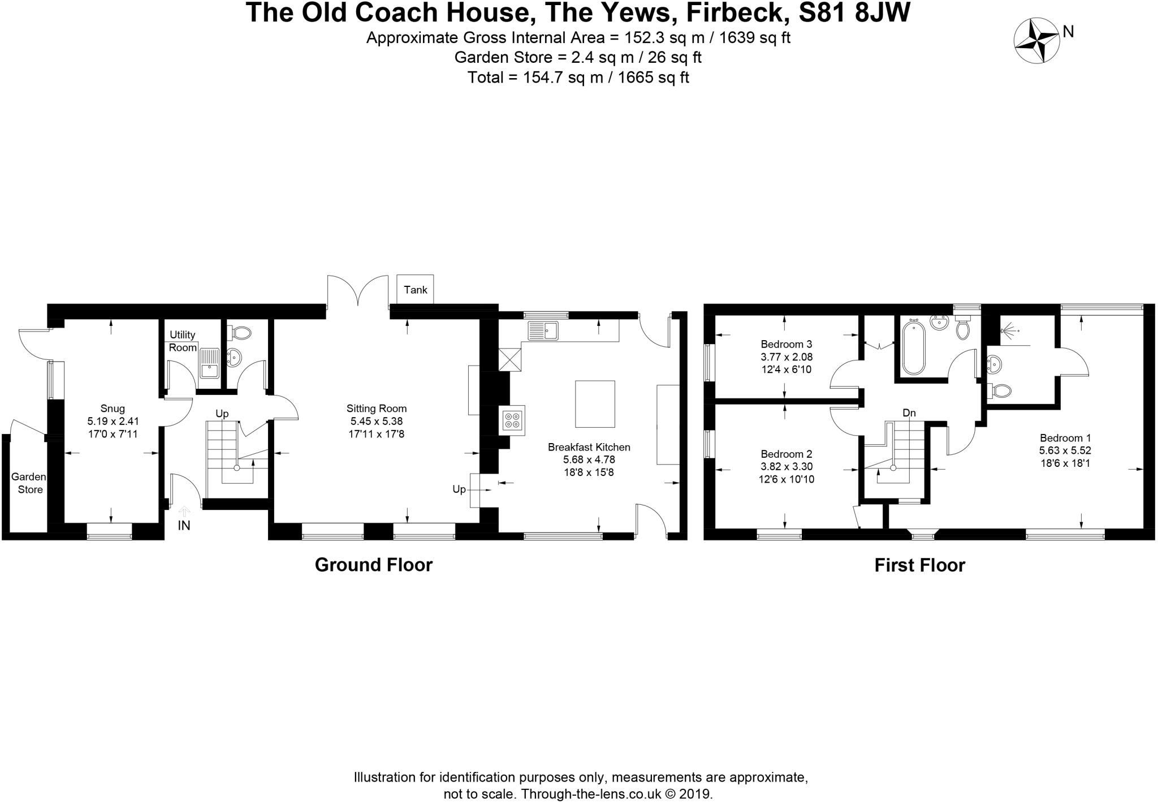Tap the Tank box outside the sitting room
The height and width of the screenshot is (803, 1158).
[415, 290]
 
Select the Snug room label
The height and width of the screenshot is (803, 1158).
[113, 409]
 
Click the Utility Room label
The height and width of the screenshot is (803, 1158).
[183, 341]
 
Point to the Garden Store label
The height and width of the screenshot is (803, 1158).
[29, 483]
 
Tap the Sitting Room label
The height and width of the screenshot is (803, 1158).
[377, 409]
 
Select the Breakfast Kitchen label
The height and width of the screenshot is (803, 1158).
[589, 447]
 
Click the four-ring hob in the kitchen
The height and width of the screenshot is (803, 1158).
[512, 420]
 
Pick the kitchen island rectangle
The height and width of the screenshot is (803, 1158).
[595, 404]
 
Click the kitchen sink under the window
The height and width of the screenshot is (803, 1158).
[543, 330]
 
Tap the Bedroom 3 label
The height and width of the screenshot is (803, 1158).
[786, 344]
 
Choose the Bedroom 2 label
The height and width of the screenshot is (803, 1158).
[786, 454]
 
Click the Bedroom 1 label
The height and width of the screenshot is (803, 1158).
[1065, 438]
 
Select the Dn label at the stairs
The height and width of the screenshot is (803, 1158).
[909, 413]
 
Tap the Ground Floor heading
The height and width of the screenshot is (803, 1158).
[373, 565]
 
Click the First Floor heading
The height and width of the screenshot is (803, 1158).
[919, 565]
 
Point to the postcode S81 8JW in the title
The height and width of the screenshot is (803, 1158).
[854, 12]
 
